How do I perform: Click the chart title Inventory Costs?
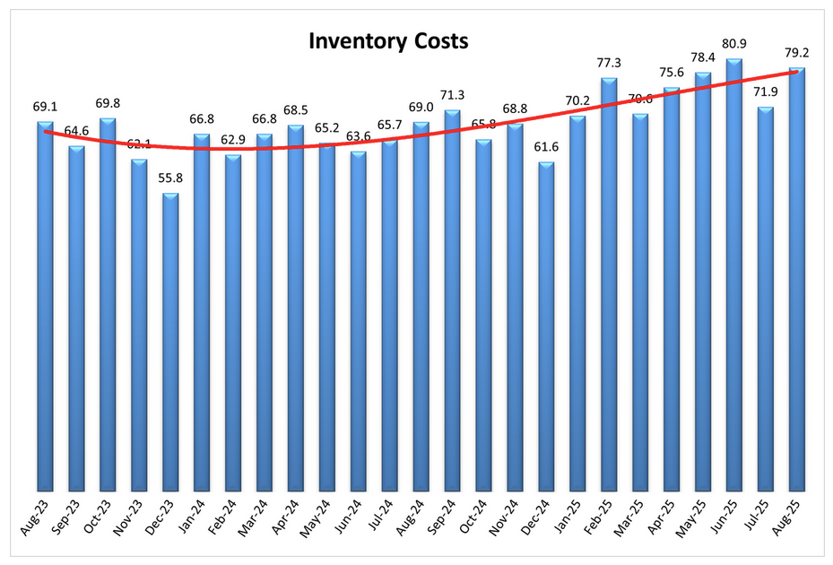pos(388,41)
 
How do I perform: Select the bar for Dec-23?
pos(170,341)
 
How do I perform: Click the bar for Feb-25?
pos(609,283)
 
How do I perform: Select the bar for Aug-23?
pos(45,305)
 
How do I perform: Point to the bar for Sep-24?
pos(452,300)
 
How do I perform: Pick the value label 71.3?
pos(452,96)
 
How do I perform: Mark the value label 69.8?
pos(108,104)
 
